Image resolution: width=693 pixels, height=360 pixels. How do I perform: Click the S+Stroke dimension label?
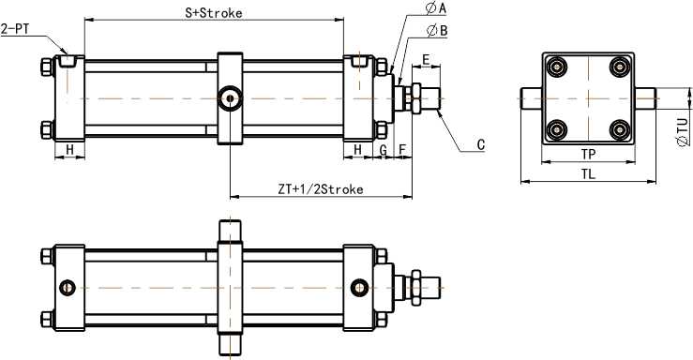point(214,13)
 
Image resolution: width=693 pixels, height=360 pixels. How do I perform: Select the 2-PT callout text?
point(15,30)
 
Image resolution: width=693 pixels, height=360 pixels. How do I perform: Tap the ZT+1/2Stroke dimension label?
point(321,189)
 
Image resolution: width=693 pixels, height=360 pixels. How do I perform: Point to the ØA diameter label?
point(436,7)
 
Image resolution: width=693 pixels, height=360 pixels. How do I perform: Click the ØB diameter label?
point(437,31)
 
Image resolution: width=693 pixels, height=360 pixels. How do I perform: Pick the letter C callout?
point(481,145)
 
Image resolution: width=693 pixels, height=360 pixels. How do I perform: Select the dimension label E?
point(426,60)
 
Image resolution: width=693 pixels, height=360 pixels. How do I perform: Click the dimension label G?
point(384,150)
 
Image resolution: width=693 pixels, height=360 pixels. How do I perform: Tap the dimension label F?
point(402,150)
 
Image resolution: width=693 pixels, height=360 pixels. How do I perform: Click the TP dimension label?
point(588,154)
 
